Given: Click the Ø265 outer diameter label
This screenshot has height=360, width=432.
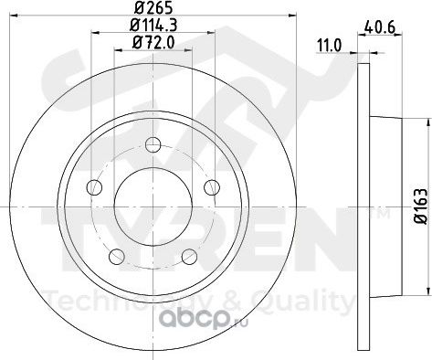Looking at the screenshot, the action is click(x=153, y=7).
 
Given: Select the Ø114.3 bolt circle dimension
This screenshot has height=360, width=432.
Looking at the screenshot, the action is click(x=153, y=26).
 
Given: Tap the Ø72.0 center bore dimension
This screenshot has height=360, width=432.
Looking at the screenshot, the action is click(x=153, y=42).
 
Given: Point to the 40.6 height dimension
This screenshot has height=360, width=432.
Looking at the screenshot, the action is click(x=380, y=27).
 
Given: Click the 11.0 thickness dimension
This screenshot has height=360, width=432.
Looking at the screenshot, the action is click(x=330, y=46).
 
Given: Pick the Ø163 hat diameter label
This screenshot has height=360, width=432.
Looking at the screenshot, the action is click(x=423, y=206).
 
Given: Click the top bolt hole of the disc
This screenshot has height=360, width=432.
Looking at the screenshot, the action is click(x=153, y=144).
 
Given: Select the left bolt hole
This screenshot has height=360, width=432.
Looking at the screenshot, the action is click(x=94, y=187).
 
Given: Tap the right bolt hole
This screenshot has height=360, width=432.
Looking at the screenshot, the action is click(x=212, y=187).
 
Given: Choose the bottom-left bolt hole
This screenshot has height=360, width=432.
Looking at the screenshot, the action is click(x=117, y=257).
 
